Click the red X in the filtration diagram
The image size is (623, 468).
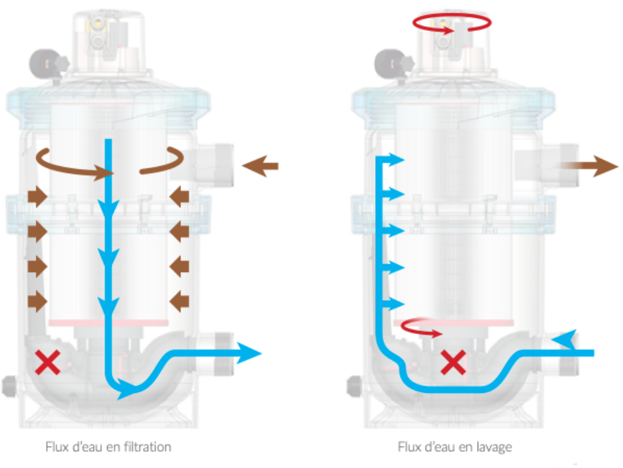coord(48,363)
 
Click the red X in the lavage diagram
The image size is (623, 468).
coord(453,363)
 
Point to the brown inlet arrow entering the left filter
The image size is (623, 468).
coord(259,166)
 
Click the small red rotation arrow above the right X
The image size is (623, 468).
coord(422,329)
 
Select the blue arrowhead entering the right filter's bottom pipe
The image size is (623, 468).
coord(564,340)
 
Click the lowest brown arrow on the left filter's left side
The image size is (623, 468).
coord(37,302)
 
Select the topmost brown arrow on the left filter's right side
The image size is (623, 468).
coord(179,196)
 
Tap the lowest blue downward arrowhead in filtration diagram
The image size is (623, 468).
coord(108,307)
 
